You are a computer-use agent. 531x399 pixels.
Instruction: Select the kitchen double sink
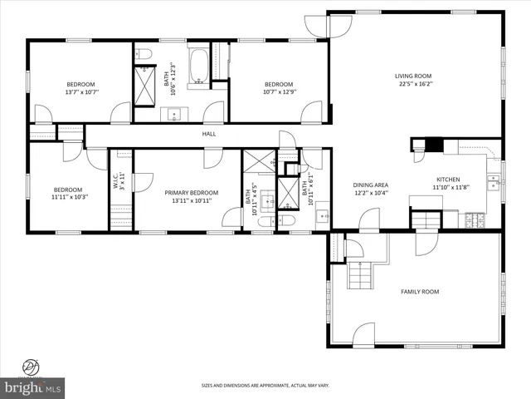[x=493, y=181]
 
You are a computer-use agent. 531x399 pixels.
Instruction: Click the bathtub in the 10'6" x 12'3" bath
[x=199, y=67]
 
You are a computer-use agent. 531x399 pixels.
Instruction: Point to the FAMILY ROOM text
[x=420, y=292]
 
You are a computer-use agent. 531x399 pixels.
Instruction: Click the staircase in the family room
[x=359, y=274]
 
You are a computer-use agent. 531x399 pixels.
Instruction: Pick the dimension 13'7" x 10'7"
[x=80, y=92]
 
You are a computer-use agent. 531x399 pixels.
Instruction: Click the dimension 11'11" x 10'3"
[x=68, y=197]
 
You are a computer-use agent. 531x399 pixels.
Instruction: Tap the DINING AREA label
[x=371, y=185]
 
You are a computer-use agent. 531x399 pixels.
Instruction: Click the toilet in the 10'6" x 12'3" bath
[x=146, y=56]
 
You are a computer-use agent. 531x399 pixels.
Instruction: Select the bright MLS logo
[x=33, y=387]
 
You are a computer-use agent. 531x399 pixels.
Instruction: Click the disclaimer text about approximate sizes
[x=265, y=386]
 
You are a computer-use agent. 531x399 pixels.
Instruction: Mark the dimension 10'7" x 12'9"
[x=279, y=92]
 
